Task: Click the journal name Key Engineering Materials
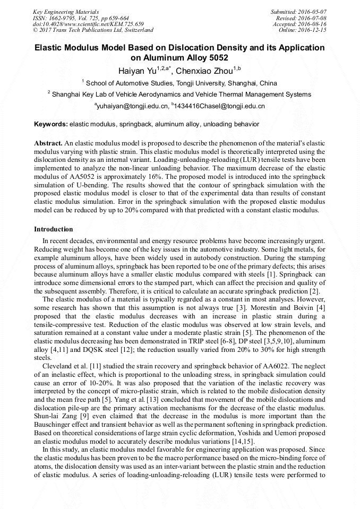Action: coord(65,11)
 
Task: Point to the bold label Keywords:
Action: coord(51,124)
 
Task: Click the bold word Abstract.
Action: coord(48,143)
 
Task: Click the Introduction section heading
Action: coord(54,229)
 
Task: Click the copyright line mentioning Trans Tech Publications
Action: coord(93,30)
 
